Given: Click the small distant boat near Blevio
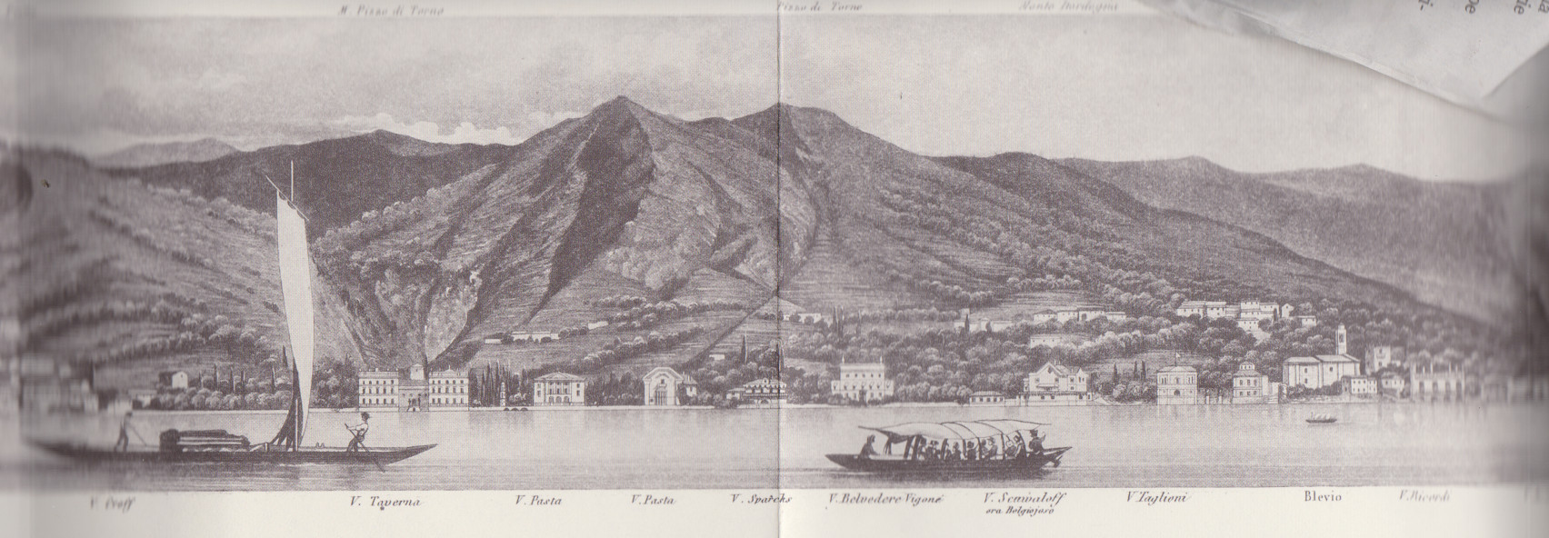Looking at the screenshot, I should [1321, 420].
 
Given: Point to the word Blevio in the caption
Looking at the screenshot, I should [1321, 497].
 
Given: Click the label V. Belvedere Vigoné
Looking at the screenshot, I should [887, 498].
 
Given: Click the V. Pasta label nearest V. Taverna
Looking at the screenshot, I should [537, 499].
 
